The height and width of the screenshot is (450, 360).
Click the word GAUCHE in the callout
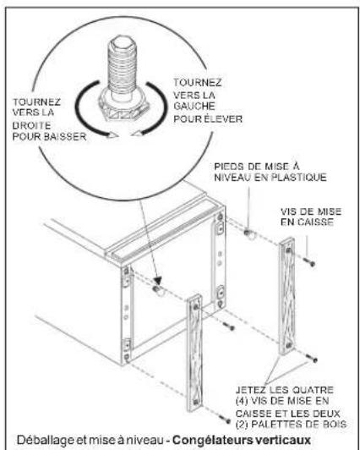pos(194,106)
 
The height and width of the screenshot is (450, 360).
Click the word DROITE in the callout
pos(31,125)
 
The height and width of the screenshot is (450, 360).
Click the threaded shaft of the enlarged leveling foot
pos(123,65)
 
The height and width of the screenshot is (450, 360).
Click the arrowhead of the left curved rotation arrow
pos(112,134)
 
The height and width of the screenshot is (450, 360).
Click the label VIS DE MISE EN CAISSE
pos(311,217)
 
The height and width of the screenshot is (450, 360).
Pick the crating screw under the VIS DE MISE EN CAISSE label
pos(308,261)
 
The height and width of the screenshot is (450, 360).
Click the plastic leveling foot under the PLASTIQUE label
pos(249,234)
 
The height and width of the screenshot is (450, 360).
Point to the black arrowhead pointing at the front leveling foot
pos(157,280)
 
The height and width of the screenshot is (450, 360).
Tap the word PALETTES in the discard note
pos(275,424)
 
